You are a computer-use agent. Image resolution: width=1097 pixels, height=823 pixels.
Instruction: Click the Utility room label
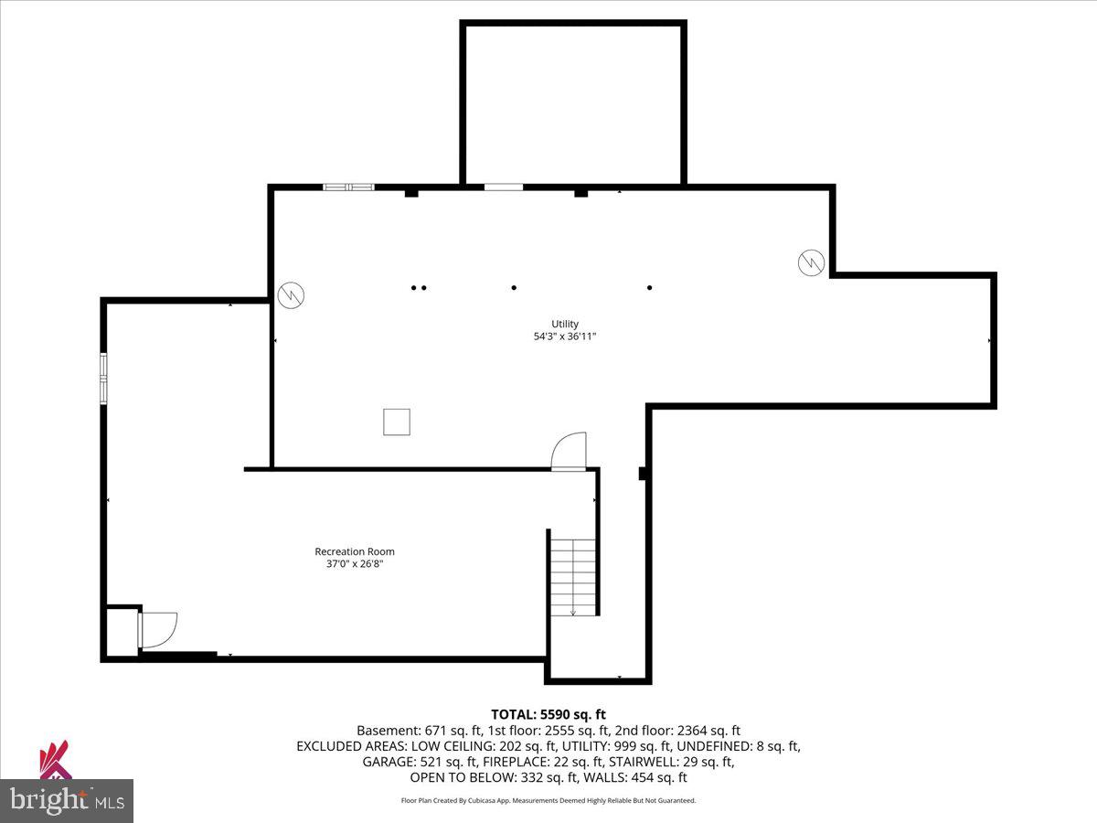[x=564, y=324]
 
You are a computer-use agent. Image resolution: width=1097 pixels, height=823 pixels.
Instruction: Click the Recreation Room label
[x=355, y=551]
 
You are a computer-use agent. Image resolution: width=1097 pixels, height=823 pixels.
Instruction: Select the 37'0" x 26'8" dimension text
[x=355, y=564]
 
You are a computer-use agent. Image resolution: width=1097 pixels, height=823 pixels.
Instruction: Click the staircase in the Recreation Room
[x=572, y=576]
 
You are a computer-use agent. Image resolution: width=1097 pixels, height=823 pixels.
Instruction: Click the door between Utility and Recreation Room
[x=569, y=452]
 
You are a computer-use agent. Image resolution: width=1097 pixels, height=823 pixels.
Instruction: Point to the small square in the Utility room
[x=396, y=422]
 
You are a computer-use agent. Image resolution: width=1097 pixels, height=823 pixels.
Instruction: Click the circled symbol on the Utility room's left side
[x=291, y=294]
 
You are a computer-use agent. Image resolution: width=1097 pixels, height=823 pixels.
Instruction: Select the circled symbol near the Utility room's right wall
[x=811, y=262]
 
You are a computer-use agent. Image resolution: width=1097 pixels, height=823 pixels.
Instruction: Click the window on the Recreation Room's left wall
[x=103, y=379]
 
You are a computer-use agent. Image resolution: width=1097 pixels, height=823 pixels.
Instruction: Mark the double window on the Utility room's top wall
[x=348, y=187]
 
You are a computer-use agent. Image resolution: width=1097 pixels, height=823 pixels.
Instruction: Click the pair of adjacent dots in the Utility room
[x=419, y=288]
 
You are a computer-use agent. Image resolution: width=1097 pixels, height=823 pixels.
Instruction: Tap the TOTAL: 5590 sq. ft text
[x=548, y=714]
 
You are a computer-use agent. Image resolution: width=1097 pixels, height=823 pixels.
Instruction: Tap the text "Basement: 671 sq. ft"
[x=414, y=731]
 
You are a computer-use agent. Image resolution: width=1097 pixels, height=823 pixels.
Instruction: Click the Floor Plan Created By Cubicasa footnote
[x=548, y=800]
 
